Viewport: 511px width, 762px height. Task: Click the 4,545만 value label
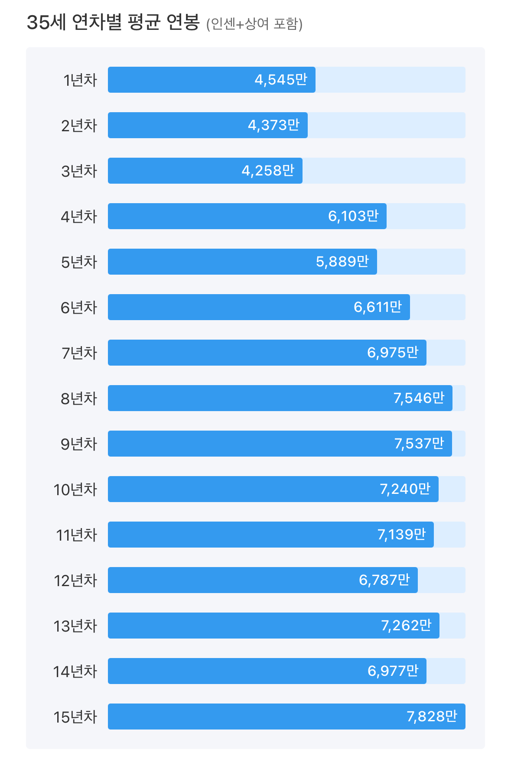click(x=281, y=80)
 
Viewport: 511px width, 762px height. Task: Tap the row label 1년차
click(x=80, y=80)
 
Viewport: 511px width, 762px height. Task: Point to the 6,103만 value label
click(x=353, y=216)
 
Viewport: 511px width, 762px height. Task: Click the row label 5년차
click(x=79, y=262)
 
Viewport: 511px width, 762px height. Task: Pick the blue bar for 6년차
click(x=225, y=307)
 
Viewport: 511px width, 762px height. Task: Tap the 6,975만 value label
click(x=393, y=353)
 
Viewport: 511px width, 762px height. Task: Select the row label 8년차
click(x=79, y=399)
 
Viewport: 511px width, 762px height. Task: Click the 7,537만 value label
click(x=419, y=444)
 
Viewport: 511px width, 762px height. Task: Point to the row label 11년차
click(x=77, y=535)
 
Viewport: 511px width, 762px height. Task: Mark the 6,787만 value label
click(x=384, y=580)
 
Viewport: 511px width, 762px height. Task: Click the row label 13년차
click(x=75, y=626)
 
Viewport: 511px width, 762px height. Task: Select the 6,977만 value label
click(x=393, y=671)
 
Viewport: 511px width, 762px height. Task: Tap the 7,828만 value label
click(x=432, y=717)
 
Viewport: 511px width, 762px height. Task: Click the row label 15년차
click(x=75, y=717)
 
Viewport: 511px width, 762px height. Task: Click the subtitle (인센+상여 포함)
click(x=254, y=24)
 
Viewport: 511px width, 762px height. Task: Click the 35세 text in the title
click(x=46, y=22)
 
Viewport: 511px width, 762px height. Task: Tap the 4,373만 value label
click(x=273, y=125)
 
